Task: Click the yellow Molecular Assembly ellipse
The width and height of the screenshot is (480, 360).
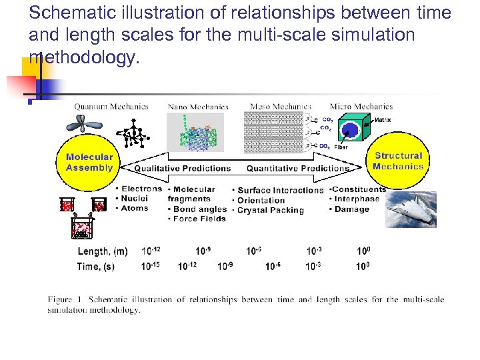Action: [x=89, y=162]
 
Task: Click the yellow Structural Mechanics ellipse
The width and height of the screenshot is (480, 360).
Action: [x=398, y=161]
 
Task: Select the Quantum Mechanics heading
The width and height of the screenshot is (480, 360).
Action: [x=111, y=106]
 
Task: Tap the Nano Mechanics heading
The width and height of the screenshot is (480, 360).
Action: [x=198, y=106]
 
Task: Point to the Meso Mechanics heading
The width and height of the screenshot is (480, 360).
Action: [x=280, y=106]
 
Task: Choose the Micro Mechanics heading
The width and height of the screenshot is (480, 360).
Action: [x=361, y=106]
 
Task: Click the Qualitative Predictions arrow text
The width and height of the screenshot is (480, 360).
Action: [x=182, y=169]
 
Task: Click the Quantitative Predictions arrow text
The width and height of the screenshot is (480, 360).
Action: [x=297, y=169]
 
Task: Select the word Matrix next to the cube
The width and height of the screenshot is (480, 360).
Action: [x=383, y=120]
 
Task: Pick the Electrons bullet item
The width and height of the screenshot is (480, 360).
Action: [x=141, y=189]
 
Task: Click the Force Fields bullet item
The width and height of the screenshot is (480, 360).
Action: [x=199, y=219]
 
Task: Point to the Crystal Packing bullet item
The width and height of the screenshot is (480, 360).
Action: [x=271, y=210]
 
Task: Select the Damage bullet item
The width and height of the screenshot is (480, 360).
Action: [x=351, y=209]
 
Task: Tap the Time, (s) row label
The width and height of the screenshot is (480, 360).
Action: [x=96, y=266]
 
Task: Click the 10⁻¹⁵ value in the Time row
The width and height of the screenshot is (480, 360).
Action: [x=151, y=265]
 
